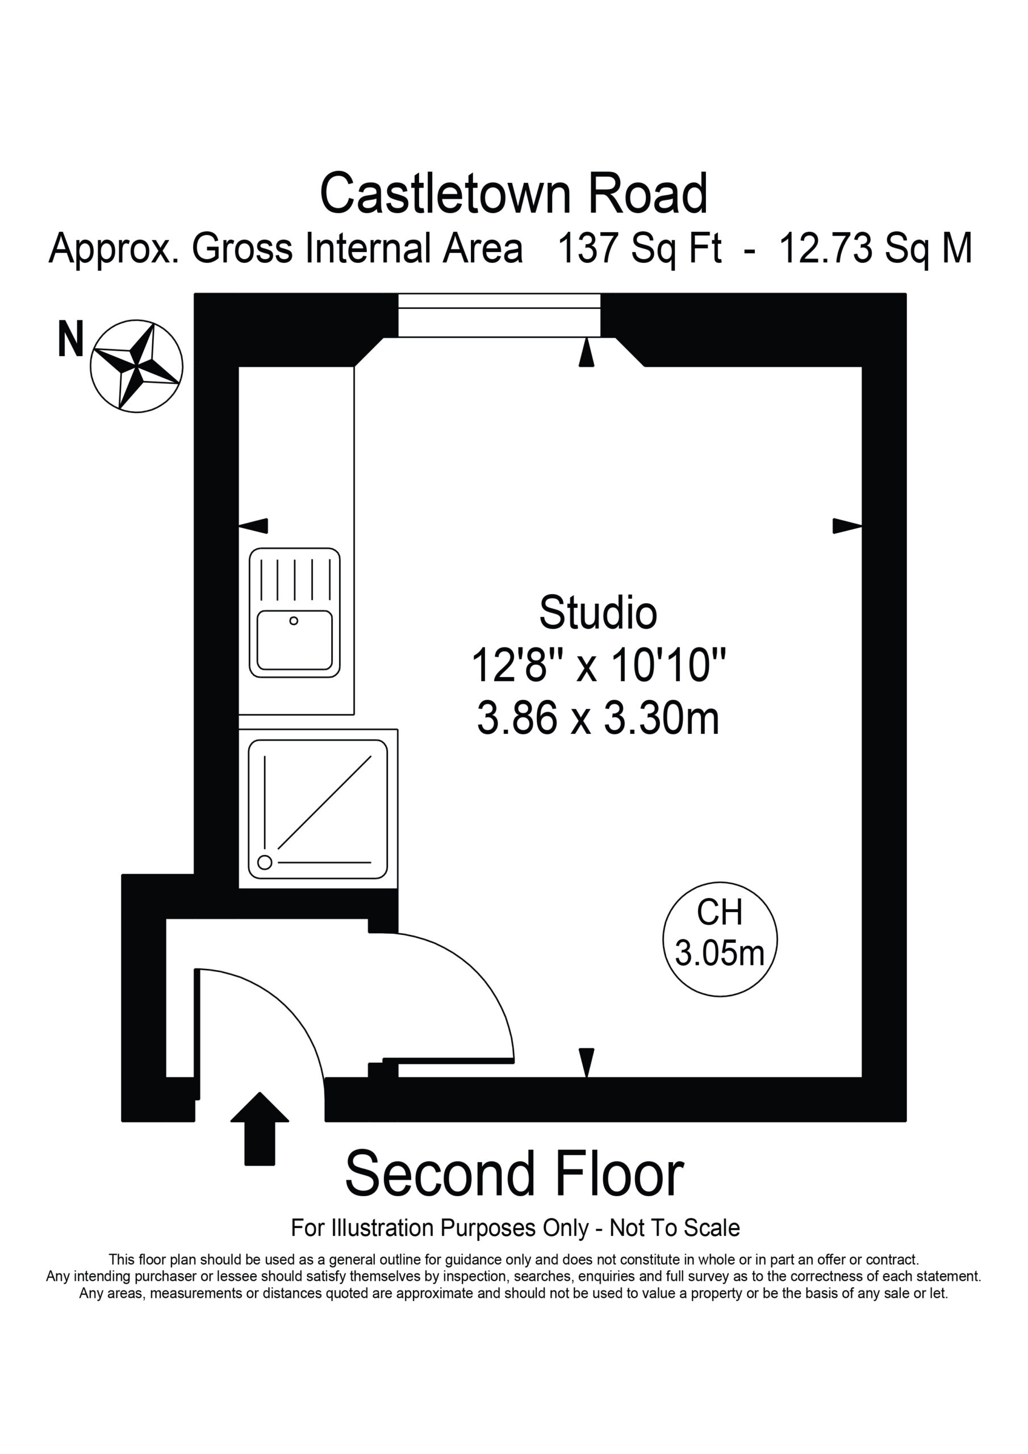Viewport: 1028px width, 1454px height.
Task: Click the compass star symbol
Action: (136, 366)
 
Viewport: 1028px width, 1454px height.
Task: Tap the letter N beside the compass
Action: (70, 340)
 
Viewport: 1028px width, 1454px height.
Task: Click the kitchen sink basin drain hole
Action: (294, 621)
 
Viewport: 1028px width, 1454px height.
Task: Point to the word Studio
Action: (598, 612)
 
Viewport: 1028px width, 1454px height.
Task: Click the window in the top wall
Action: (499, 315)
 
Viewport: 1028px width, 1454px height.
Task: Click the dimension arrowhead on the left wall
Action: (253, 525)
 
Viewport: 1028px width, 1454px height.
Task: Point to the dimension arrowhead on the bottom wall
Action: (587, 1062)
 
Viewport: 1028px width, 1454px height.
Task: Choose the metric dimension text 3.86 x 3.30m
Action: (598, 719)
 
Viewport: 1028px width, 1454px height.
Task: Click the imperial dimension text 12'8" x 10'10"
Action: (598, 666)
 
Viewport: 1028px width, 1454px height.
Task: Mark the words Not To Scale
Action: (675, 1228)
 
